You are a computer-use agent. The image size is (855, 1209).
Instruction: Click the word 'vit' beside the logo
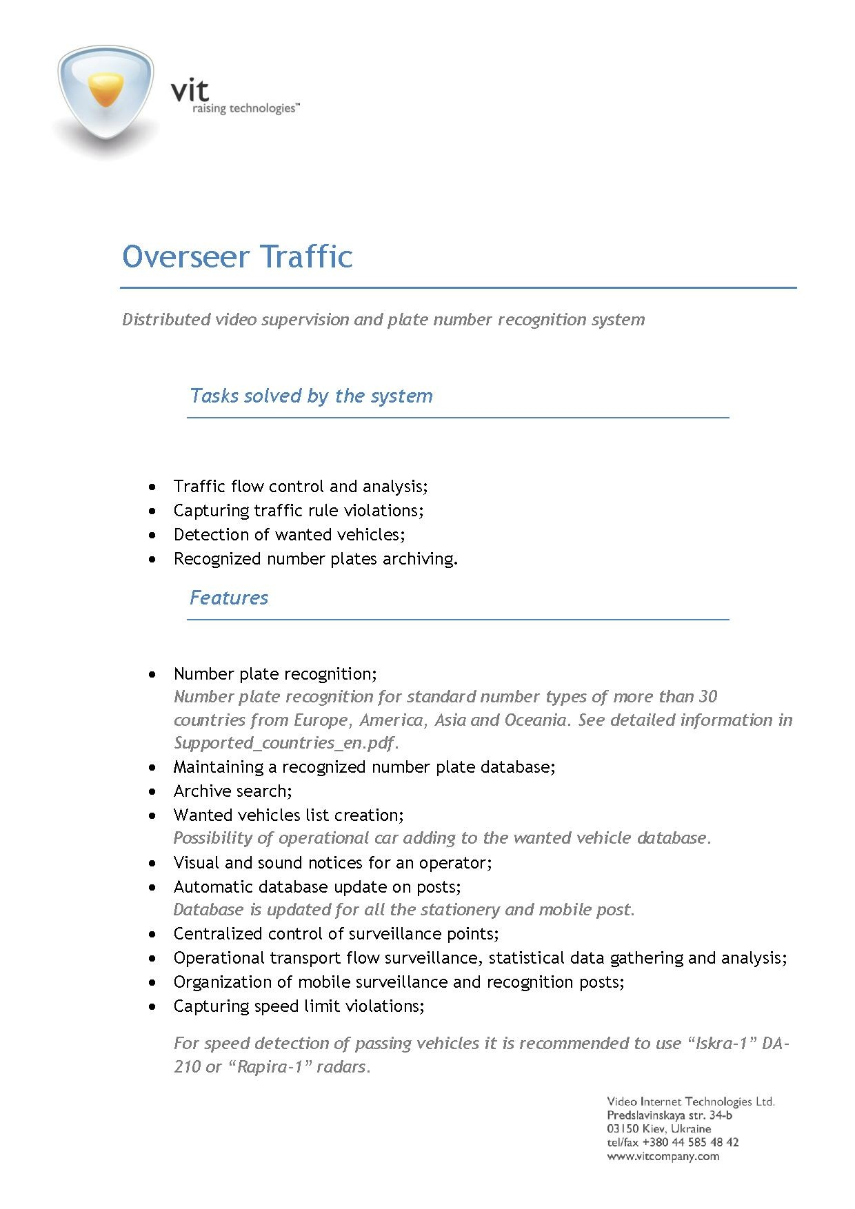[190, 90]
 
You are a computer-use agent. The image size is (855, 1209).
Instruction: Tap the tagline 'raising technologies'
[245, 109]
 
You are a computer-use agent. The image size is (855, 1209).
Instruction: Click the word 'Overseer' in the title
[185, 256]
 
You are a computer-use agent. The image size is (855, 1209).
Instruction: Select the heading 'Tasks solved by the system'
[311, 396]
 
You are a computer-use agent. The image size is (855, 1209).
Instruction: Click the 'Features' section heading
[228, 598]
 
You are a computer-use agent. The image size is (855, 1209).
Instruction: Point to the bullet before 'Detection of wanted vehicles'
[152, 535]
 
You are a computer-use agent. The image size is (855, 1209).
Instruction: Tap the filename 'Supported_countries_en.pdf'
[285, 743]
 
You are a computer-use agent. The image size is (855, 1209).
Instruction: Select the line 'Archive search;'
[232, 791]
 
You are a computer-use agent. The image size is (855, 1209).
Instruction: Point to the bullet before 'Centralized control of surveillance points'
[152, 934]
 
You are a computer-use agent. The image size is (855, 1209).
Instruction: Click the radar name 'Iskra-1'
[721, 1044]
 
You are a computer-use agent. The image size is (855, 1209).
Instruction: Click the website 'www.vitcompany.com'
[663, 1157]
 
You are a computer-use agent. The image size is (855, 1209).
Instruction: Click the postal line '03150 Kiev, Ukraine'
[658, 1129]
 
